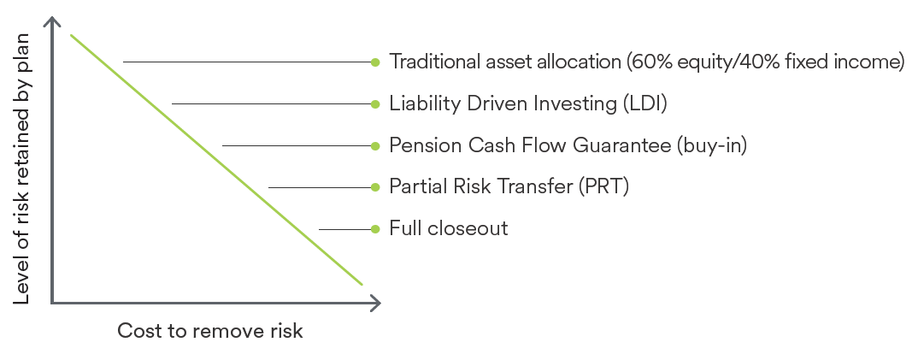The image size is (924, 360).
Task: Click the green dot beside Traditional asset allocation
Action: point(375,62)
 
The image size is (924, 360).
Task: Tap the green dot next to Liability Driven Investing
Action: point(375,103)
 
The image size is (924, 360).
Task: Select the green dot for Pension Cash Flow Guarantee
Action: point(375,145)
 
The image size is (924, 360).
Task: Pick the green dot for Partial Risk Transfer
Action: point(375,187)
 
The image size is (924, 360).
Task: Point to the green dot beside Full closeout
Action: point(375,229)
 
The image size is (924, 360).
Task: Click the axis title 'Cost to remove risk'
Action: point(209,331)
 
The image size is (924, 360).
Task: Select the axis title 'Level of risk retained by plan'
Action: point(21,168)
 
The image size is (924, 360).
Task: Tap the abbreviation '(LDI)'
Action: point(644,103)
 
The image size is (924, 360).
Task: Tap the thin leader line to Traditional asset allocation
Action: point(247,62)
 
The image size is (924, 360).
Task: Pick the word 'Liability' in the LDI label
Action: point(425,104)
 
